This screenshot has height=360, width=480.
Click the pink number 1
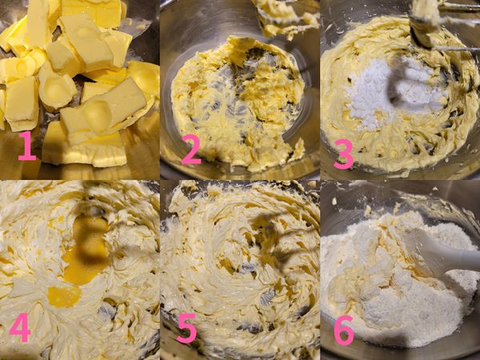click(x=27, y=146)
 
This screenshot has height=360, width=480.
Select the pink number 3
click(x=343, y=154)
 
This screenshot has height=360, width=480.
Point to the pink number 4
click(x=21, y=328)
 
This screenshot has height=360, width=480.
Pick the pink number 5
click(x=187, y=328)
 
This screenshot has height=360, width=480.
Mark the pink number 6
click(x=343, y=328)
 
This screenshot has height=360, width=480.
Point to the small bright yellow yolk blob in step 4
click(x=64, y=296)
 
